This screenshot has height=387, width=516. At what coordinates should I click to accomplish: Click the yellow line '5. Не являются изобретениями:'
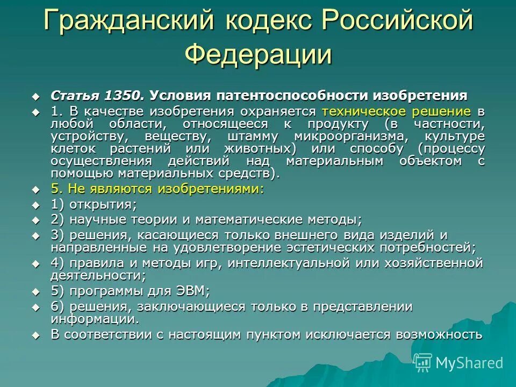pos(157,190)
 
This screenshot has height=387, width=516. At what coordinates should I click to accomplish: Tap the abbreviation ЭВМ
pos(191,291)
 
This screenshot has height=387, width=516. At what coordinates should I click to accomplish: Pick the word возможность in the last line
pos(439,334)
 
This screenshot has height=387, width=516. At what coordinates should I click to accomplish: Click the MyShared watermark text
pos(469,363)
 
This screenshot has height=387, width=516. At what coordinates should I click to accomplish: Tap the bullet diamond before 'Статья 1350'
pos(36,97)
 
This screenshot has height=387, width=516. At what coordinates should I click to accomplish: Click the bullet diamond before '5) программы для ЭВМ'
pos(36,292)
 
